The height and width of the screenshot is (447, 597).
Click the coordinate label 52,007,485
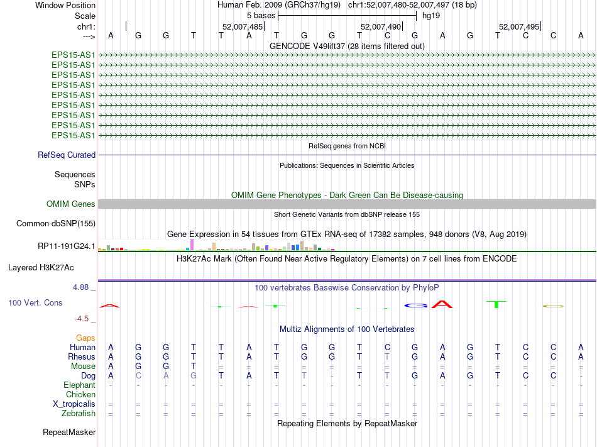(243, 27)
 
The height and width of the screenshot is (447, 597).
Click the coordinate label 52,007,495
(518, 27)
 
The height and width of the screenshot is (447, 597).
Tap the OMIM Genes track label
(71, 204)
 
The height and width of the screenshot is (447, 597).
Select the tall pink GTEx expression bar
(192, 245)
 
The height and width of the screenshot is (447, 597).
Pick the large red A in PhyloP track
(442, 304)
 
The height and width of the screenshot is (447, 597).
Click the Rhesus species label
(82, 356)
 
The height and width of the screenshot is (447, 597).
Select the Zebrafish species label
(79, 413)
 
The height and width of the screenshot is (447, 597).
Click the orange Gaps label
(85, 338)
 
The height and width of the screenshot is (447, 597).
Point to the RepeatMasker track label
(69, 432)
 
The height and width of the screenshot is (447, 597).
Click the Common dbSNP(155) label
(56, 223)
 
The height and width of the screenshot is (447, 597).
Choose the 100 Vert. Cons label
(35, 302)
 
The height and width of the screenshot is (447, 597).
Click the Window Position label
(65, 5)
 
